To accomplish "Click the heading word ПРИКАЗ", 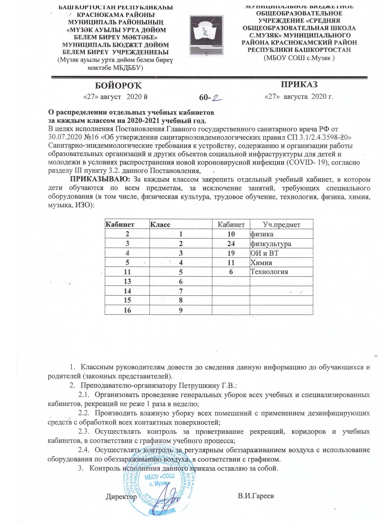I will (299, 84).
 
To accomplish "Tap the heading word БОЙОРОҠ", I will (118, 86).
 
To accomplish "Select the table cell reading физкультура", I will (270, 244).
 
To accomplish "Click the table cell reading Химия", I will (261, 263).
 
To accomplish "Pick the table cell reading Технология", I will (269, 272).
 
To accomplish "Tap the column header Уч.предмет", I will (281, 225).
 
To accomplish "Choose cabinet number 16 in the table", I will (127, 310).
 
